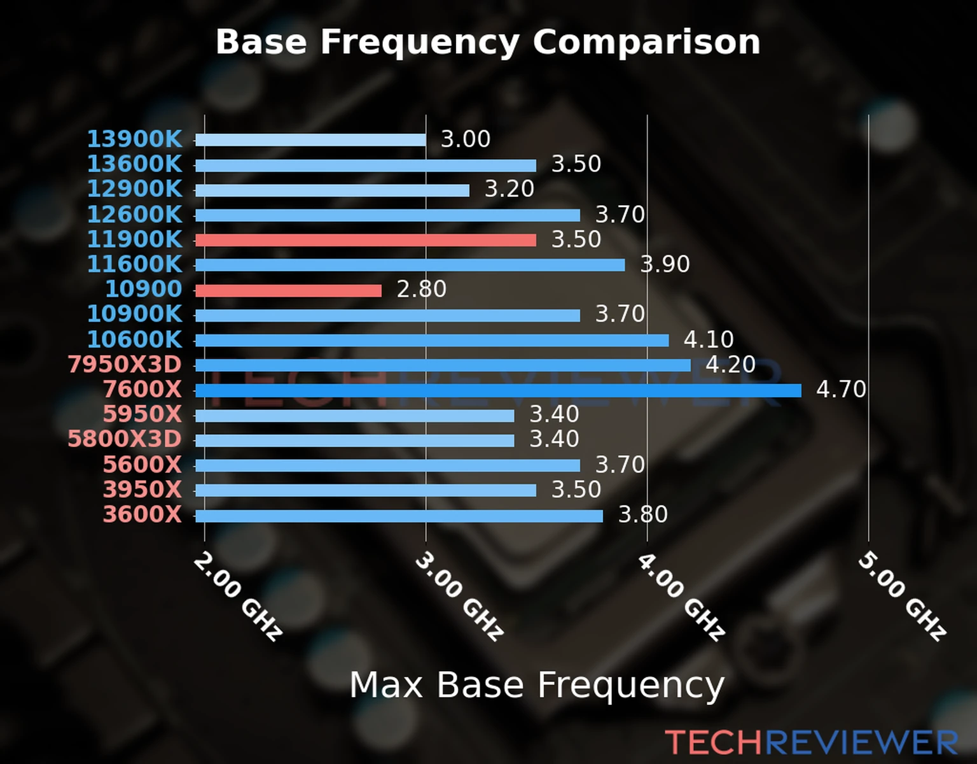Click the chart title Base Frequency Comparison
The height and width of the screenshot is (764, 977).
488,42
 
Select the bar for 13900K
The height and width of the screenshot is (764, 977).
310,140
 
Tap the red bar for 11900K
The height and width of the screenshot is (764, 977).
365,240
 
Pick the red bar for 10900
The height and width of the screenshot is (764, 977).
288,290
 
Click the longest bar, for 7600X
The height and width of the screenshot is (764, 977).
498,390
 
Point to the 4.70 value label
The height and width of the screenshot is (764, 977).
841,389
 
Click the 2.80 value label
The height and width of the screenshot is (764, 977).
421,289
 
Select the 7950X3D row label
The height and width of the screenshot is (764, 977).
125,364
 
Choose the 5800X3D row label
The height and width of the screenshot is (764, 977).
125,439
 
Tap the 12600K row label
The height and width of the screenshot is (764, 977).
134,215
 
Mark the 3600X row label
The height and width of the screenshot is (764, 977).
142,514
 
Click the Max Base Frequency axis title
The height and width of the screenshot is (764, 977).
537,686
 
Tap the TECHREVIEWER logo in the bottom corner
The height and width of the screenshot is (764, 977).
812,742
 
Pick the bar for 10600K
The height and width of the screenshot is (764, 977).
432,341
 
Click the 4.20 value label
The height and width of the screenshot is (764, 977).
730,364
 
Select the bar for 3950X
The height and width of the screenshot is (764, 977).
365,490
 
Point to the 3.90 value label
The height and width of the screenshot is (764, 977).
665,264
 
